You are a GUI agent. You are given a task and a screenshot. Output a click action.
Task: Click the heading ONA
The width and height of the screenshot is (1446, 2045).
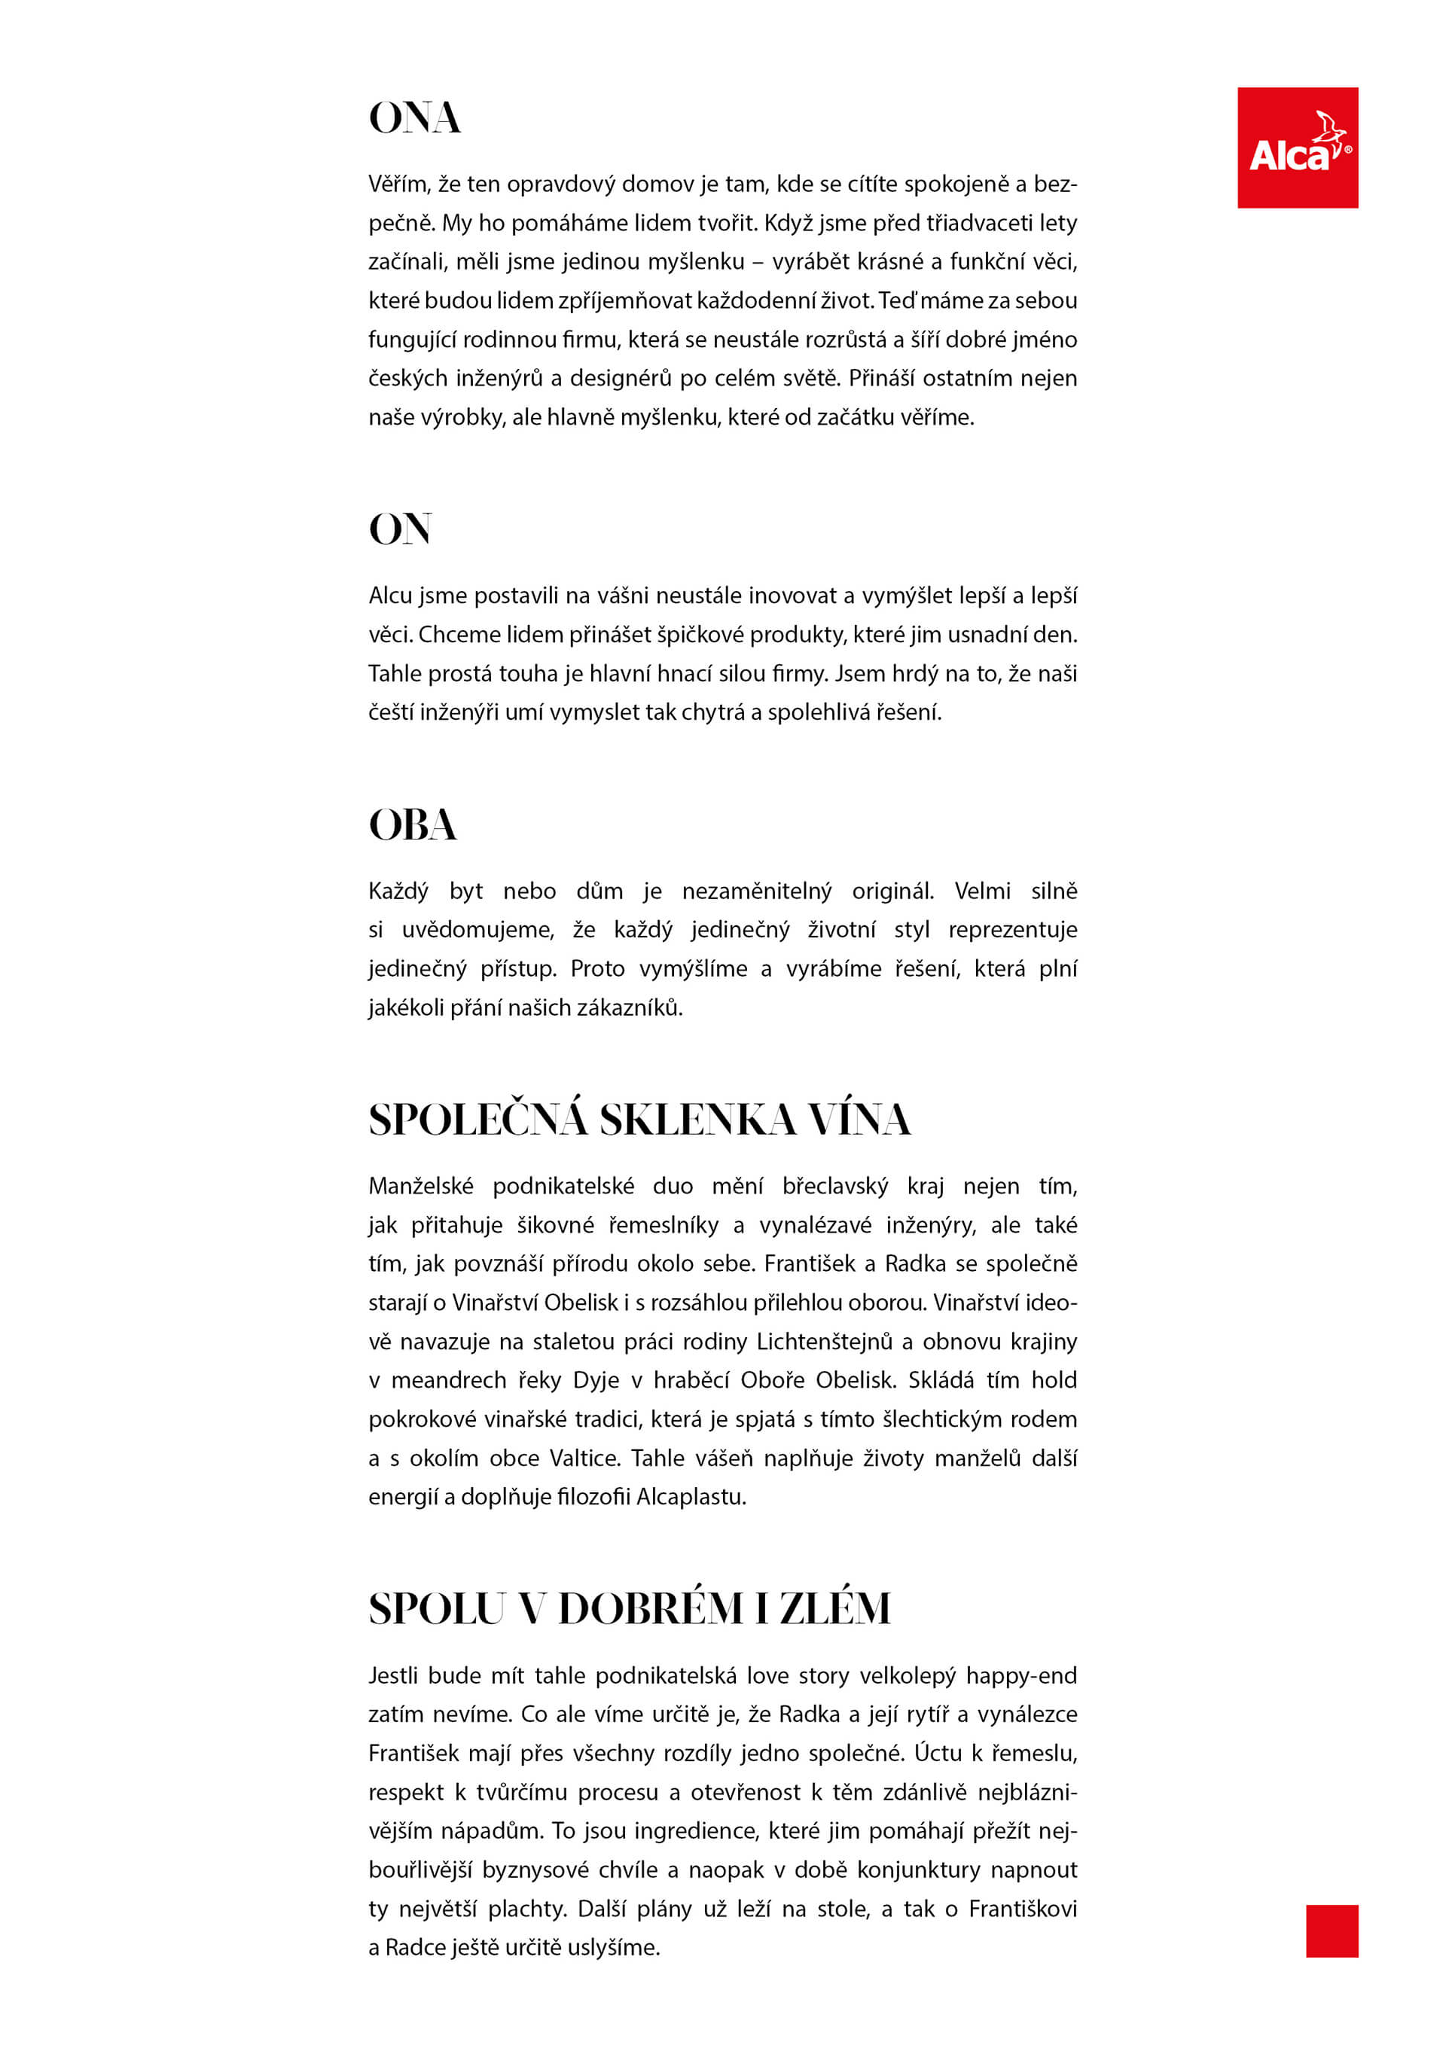tap(414, 118)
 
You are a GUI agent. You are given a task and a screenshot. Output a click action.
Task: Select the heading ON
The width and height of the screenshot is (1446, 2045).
tap(400, 529)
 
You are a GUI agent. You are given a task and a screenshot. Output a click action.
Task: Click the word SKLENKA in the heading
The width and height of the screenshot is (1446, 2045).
tap(697, 1120)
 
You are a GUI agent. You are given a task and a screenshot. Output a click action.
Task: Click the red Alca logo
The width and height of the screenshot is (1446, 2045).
tap(1296, 148)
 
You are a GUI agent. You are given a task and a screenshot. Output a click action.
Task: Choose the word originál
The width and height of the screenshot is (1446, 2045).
tap(892, 891)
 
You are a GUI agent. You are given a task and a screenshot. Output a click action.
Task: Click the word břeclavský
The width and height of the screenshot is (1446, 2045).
tap(834, 1187)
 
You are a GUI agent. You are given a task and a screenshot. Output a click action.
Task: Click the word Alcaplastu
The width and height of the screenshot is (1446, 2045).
tap(691, 1496)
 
